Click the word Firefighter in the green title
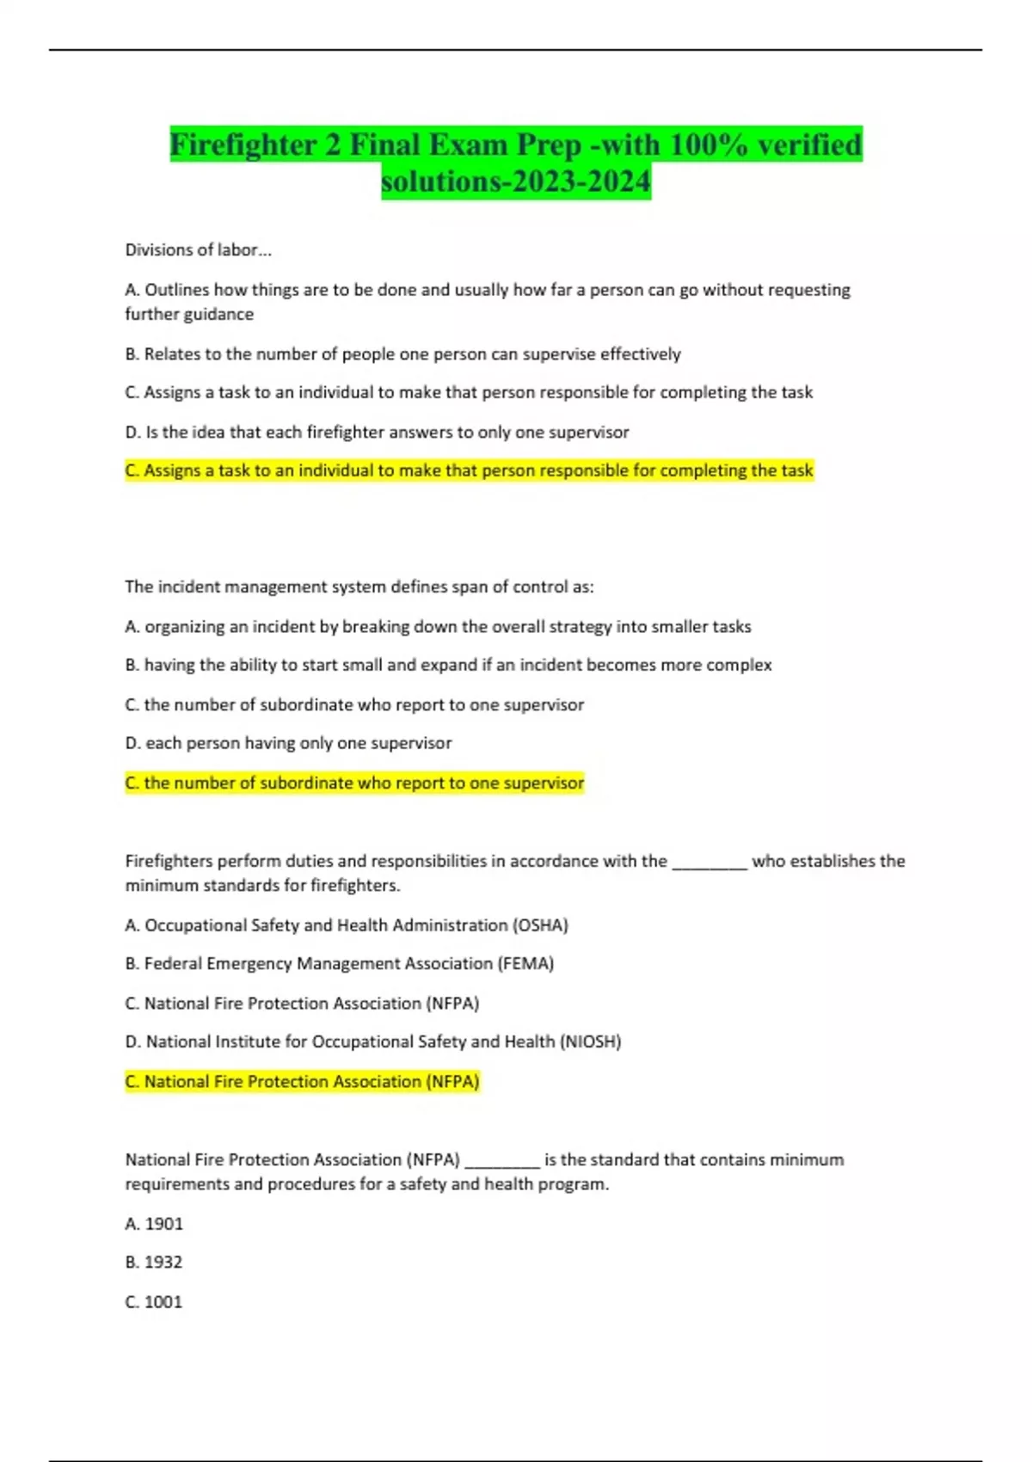pos(243,144)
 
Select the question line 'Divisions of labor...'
pos(198,250)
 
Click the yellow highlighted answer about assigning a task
pos(469,470)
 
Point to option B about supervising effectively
pos(402,354)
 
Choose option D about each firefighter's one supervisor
pos(377,432)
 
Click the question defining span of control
pos(359,587)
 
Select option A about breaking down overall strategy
pos(438,627)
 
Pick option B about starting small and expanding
pos(448,665)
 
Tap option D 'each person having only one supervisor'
pos(288,743)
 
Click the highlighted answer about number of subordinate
pos(354,783)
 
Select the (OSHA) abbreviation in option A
pos(540,925)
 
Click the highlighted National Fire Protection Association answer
pos(302,1081)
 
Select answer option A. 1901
pos(154,1224)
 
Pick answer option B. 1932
pos(154,1262)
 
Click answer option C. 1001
pos(154,1302)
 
